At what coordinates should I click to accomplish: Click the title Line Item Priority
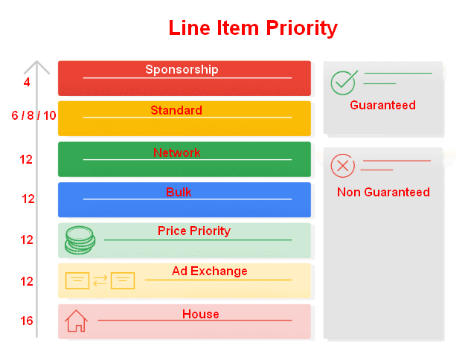pyautogui.click(x=253, y=28)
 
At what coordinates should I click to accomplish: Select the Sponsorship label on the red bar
pyautogui.click(x=182, y=69)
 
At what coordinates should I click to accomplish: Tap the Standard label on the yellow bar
pyautogui.click(x=176, y=110)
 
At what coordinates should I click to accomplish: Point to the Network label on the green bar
pyautogui.click(x=177, y=152)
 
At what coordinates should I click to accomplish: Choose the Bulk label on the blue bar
pyautogui.click(x=179, y=192)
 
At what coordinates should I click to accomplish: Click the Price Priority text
pyautogui.click(x=194, y=231)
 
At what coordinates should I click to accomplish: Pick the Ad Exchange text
pyautogui.click(x=210, y=271)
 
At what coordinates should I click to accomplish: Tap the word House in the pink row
pyautogui.click(x=201, y=314)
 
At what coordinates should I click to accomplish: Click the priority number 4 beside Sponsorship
pyautogui.click(x=27, y=82)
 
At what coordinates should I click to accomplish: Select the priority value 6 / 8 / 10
pyautogui.click(x=34, y=115)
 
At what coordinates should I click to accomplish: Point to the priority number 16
pyautogui.click(x=27, y=321)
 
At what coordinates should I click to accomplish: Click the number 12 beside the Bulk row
pyautogui.click(x=28, y=199)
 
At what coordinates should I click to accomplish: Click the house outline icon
pyautogui.click(x=76, y=321)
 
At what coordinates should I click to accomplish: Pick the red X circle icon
pyautogui.click(x=342, y=165)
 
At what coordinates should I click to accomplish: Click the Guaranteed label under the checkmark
pyautogui.click(x=382, y=105)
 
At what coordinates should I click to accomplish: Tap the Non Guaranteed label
pyautogui.click(x=383, y=192)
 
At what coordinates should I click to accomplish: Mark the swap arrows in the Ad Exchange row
pyautogui.click(x=100, y=280)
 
